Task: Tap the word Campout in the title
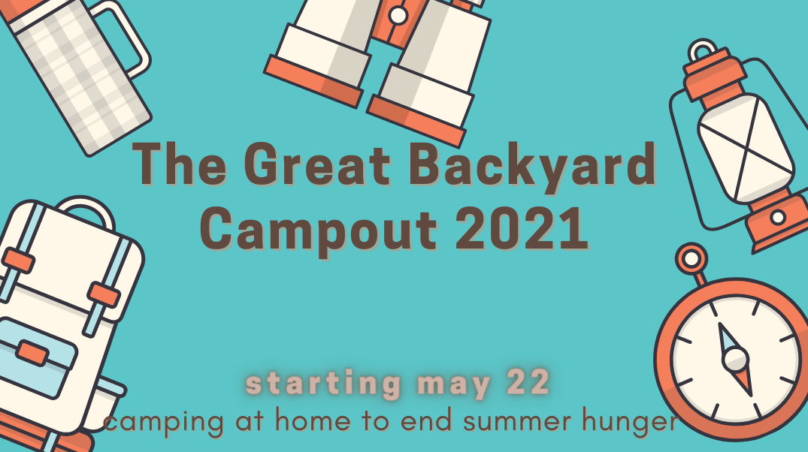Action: coord(319,229)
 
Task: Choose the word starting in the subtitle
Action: coord(324,384)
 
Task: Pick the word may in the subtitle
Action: coord(453,386)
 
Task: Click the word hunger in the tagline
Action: coord(630,422)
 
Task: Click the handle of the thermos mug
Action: coord(124,37)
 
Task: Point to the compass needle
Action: coord(735,360)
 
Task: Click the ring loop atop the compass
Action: coord(691,259)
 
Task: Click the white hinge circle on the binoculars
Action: coord(398,16)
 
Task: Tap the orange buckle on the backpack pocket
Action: coord(32,353)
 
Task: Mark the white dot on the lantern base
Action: coord(778,217)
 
